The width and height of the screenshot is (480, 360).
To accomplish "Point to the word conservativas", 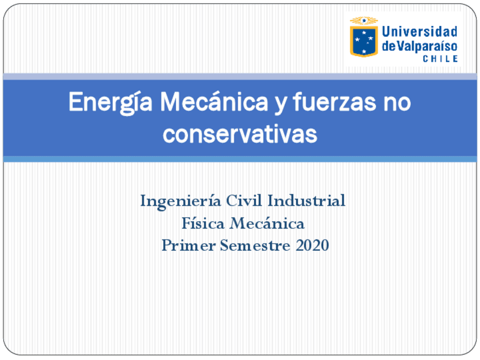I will [x=239, y=134].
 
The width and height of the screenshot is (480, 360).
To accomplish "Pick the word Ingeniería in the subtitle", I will [x=181, y=201].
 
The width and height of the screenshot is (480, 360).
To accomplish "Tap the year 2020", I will [x=312, y=246].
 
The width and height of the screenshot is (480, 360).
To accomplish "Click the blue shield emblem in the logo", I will [x=363, y=41].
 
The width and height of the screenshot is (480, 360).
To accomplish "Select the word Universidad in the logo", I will [x=419, y=32].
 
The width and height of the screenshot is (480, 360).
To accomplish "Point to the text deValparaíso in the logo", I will [x=419, y=46].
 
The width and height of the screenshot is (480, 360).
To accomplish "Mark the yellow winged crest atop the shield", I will [x=363, y=21].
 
